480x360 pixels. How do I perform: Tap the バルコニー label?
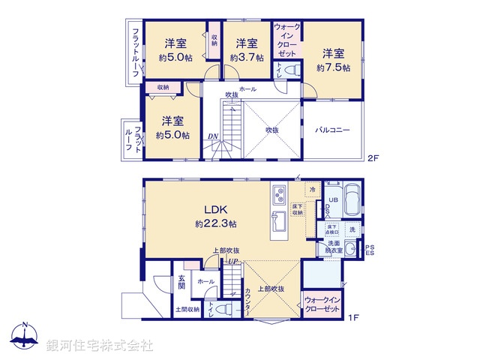(332, 130)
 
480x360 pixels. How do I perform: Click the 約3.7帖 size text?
(247, 57)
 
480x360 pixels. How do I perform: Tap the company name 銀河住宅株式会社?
(100, 345)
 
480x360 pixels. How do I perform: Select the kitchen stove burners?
(277, 197)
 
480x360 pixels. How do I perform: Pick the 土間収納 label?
(187, 309)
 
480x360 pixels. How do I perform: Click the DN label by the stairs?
(212, 136)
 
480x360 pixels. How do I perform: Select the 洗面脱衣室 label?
(334, 247)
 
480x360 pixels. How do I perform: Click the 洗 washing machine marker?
(352, 228)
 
